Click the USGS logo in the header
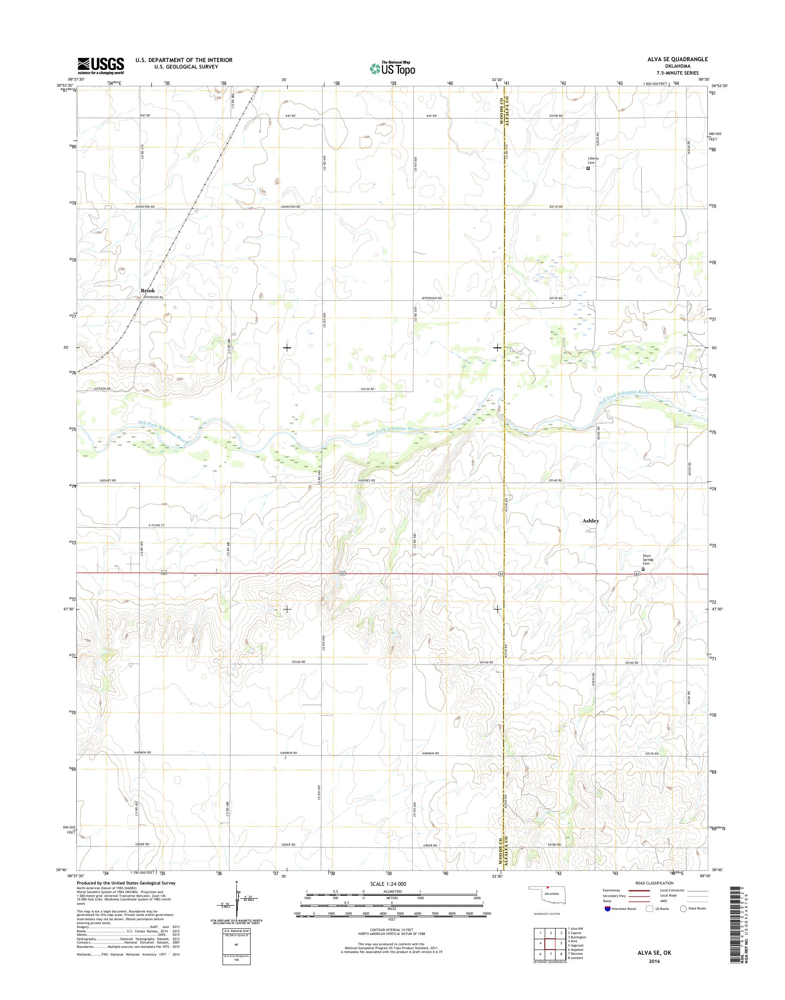pyautogui.click(x=100, y=66)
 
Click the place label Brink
pyautogui.click(x=148, y=291)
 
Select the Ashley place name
pyautogui.click(x=590, y=521)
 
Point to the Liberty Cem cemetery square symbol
pyautogui.click(x=588, y=169)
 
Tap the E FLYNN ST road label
pyautogui.click(x=156, y=525)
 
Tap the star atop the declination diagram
pyautogui.click(x=237, y=882)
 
